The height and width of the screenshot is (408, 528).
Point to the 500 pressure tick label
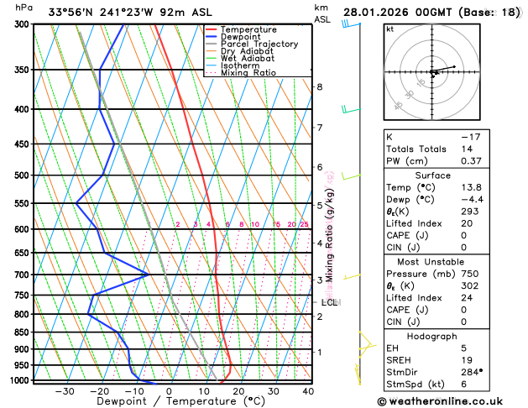(23, 175)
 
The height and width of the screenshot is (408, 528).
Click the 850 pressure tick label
(23, 332)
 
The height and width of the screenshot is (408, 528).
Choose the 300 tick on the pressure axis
(23, 24)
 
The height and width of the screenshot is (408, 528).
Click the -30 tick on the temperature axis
(65, 391)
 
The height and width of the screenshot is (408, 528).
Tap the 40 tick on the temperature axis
(309, 391)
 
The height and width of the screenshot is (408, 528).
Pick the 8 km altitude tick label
(319, 87)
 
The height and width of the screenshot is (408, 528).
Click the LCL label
(329, 302)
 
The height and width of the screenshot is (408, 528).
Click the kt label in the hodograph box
(389, 29)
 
